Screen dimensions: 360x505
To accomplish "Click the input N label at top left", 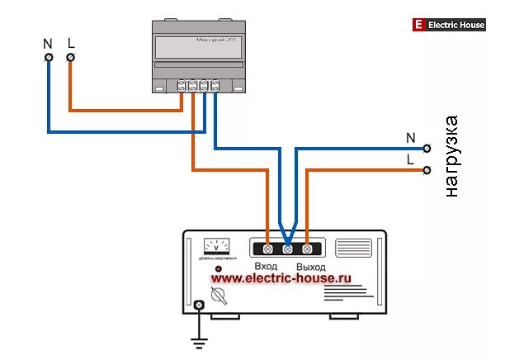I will coord(49,41).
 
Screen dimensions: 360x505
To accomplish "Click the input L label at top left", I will coord(70,41).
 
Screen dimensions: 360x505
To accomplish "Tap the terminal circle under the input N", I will coord(49,57).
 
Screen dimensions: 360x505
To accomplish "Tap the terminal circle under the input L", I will coord(70,57).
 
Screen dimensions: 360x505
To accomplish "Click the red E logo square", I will coord(418,26).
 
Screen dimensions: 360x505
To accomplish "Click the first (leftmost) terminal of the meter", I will coord(182,85).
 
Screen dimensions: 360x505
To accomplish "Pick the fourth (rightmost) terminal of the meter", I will coord(215,85).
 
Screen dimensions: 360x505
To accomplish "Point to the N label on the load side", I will coord(410,137).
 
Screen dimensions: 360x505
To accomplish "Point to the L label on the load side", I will coord(410,159).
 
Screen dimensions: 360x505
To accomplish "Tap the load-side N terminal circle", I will coord(427,149).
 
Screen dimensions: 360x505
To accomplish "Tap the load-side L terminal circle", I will coord(427,170).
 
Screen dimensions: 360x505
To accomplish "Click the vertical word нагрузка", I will coord(451,157).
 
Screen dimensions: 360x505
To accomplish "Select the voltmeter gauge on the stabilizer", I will coord(217,246).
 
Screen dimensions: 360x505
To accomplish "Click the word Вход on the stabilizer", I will coord(266,267).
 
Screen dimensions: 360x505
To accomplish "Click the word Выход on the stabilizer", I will coord(311,267).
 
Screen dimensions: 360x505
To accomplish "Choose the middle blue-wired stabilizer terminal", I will coord(287,248).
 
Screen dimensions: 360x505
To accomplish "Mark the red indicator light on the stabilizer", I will coord(218,270).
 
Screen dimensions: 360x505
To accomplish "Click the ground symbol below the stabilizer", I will coord(199,340).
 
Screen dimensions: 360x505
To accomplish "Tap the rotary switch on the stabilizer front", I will coord(219,296).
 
